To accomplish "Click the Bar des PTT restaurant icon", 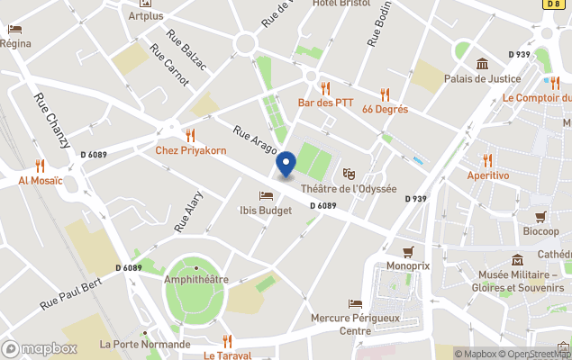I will (x=325, y=88).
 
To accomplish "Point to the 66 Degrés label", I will (x=385, y=109).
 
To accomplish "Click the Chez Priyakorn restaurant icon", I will (x=190, y=135).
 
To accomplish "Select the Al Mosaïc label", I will (x=41, y=180).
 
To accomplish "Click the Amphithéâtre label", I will (x=195, y=279).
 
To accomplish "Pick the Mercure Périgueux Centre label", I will (x=354, y=324).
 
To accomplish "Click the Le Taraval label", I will (x=227, y=355).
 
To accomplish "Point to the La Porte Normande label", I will (x=145, y=344).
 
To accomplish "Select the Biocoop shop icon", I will (x=540, y=217).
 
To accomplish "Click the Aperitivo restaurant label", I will (x=487, y=175).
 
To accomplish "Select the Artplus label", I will (x=146, y=16).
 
